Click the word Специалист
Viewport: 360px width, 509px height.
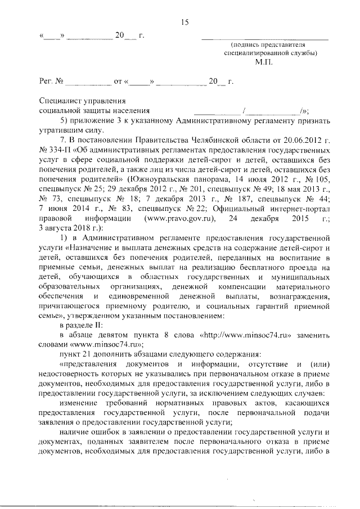point(60,101)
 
